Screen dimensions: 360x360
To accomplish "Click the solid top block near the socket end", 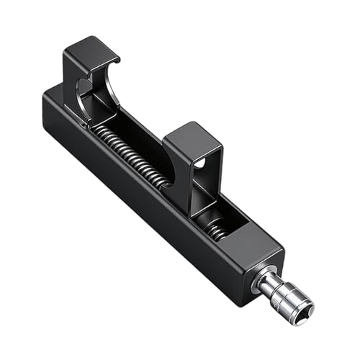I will pos(252,241).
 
